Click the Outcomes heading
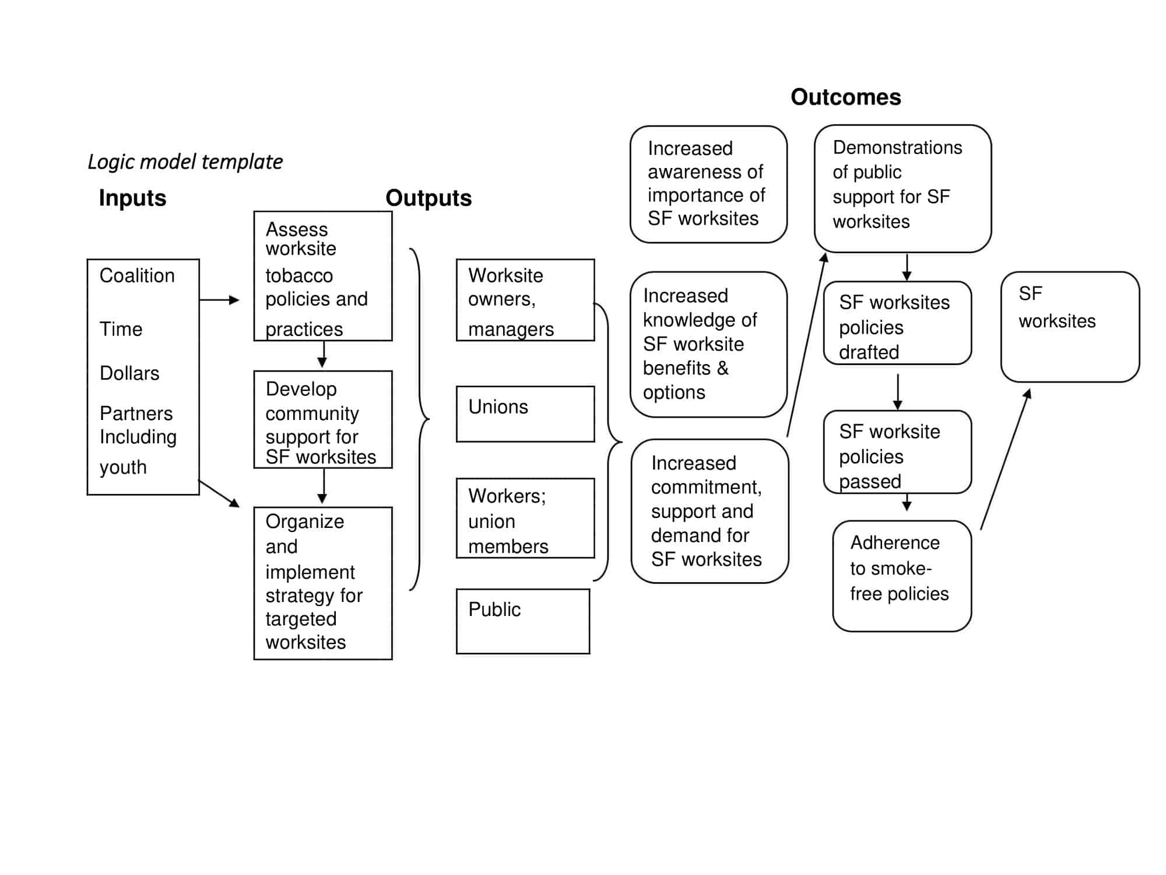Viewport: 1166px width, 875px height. pyautogui.click(x=845, y=97)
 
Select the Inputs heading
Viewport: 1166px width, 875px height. pyautogui.click(x=132, y=198)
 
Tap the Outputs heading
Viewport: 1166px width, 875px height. pyautogui.click(x=429, y=198)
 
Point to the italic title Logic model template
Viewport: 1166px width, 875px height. pyautogui.click(x=185, y=162)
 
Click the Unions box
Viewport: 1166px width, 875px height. pyautogui.click(x=525, y=414)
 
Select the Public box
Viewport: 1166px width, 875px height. pyautogui.click(x=523, y=621)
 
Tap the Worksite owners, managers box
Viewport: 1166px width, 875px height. pyautogui.click(x=525, y=300)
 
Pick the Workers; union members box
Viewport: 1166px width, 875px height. pyautogui.click(x=525, y=518)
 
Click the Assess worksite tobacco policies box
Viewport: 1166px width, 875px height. pyautogui.click(x=323, y=276)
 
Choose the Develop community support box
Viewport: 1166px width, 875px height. pyautogui.click(x=323, y=419)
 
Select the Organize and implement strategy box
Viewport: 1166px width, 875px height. pyautogui.click(x=323, y=583)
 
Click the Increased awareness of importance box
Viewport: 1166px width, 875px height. pyautogui.click(x=708, y=184)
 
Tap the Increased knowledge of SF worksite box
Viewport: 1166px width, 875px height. pyautogui.click(x=708, y=344)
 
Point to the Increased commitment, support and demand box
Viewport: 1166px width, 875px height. pyautogui.click(x=710, y=511)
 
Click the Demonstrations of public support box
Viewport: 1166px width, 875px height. pyautogui.click(x=902, y=188)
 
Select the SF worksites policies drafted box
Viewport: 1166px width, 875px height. pyautogui.click(x=897, y=323)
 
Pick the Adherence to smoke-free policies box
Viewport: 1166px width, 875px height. pyautogui.click(x=902, y=576)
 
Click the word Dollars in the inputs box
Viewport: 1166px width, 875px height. pyautogui.click(x=129, y=373)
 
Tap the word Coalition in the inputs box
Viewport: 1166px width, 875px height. pyautogui.click(x=137, y=275)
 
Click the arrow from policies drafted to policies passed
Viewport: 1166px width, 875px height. pyautogui.click(x=898, y=391)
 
